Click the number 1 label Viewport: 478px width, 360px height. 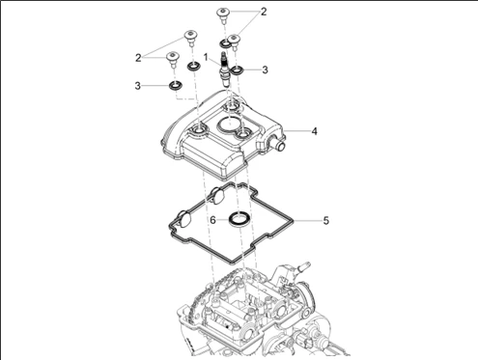(206, 57)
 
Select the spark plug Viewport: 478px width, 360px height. (225, 69)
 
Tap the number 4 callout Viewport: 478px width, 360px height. (315, 131)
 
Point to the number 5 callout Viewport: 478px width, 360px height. (326, 221)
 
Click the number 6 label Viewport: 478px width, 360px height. (212, 220)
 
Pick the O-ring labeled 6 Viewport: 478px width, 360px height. (239, 220)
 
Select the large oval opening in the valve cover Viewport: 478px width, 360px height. (229, 125)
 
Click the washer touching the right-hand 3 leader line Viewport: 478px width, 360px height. (237, 69)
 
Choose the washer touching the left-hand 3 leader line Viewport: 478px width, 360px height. (176, 86)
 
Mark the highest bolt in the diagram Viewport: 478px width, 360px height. (222, 15)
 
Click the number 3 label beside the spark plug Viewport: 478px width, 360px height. (265, 69)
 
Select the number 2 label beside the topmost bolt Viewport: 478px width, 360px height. (264, 12)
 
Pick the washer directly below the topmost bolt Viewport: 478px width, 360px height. (224, 42)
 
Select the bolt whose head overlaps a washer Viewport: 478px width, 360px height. (235, 42)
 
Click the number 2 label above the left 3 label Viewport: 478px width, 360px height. (138, 58)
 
